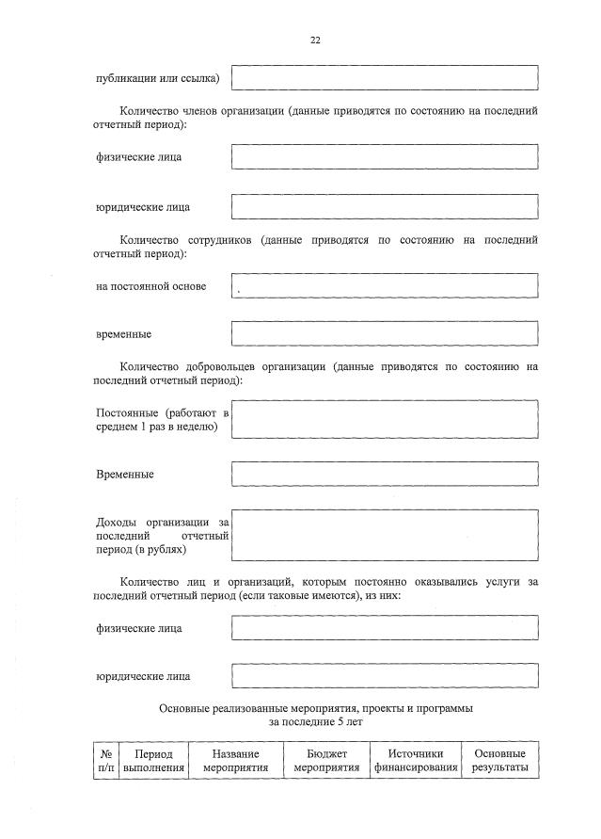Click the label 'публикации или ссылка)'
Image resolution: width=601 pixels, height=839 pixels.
157,77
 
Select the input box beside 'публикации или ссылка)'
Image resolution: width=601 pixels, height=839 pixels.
385,77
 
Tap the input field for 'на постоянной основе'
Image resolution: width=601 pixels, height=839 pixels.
385,285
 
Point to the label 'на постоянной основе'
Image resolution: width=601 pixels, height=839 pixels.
151,286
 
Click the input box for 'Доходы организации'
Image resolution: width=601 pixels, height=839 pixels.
385,535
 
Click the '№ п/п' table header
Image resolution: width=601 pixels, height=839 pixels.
105,761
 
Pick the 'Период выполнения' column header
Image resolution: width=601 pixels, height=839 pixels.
153,761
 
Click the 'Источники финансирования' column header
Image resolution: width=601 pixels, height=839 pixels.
415,761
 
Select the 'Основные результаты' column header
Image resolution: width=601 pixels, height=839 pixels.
499,761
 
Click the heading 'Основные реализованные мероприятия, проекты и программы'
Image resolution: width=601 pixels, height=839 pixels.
316,706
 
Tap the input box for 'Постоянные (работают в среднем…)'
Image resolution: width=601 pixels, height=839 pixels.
385,419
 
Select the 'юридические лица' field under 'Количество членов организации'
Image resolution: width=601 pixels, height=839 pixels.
385,206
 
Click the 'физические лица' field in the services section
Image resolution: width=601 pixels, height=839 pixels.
385,627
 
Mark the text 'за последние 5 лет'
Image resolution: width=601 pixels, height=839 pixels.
316,721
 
